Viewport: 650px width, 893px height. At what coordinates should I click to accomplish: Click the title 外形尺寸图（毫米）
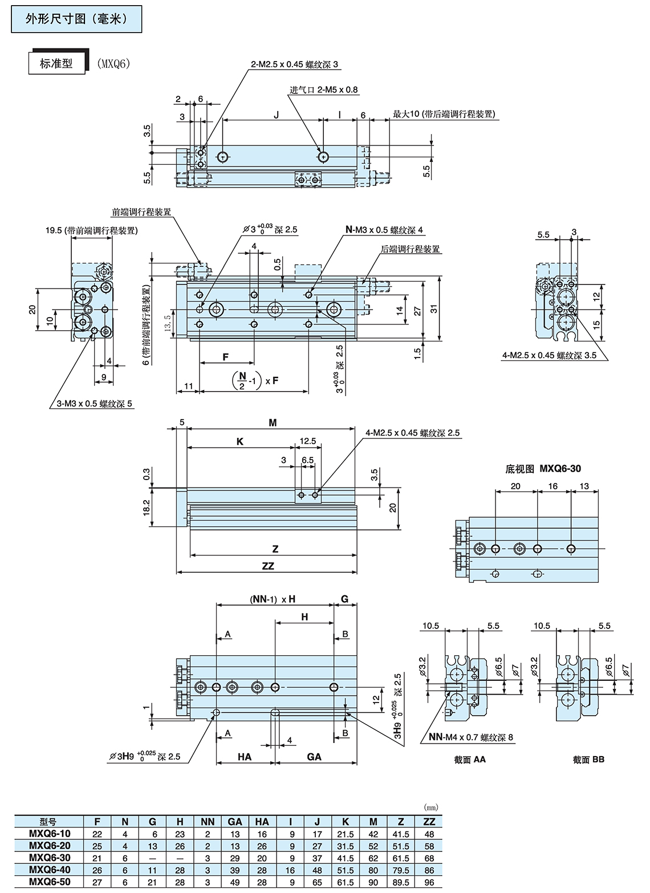point(76,19)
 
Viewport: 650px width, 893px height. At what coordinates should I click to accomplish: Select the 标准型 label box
point(56,63)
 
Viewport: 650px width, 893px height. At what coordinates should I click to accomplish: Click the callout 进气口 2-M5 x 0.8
point(324,90)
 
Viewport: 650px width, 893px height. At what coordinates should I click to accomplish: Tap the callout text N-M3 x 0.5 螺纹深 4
point(384,230)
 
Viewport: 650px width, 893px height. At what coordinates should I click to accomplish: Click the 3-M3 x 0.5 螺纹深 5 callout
point(94,403)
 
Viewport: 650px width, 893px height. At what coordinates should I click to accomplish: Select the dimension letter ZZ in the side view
point(268,566)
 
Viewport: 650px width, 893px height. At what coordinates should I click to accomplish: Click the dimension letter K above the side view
point(240,441)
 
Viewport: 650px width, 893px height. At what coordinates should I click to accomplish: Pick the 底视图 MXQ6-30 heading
point(543,468)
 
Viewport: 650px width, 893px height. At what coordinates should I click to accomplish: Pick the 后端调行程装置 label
point(410,249)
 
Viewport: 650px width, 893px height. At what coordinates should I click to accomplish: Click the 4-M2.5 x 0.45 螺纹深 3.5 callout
point(549,355)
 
